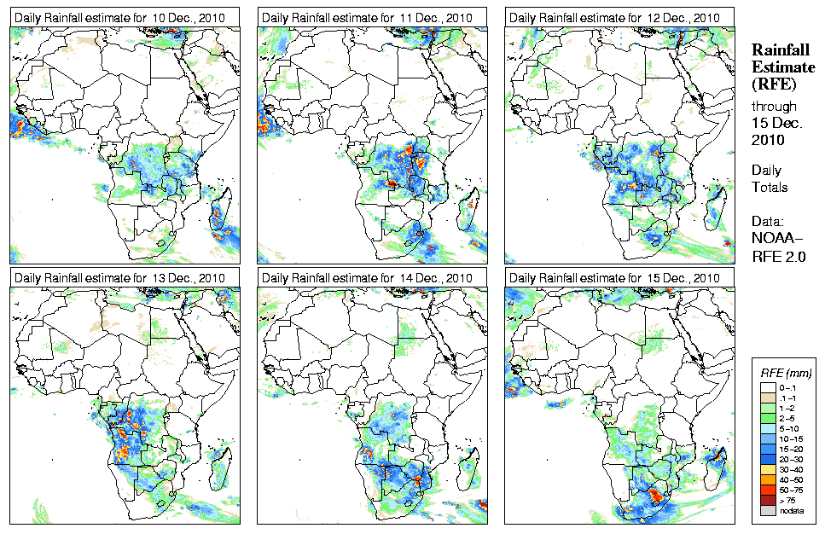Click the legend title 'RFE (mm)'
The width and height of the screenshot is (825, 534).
[785, 373]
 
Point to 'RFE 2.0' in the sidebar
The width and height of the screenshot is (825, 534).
[779, 254]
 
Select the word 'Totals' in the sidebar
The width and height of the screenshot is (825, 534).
[769, 187]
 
